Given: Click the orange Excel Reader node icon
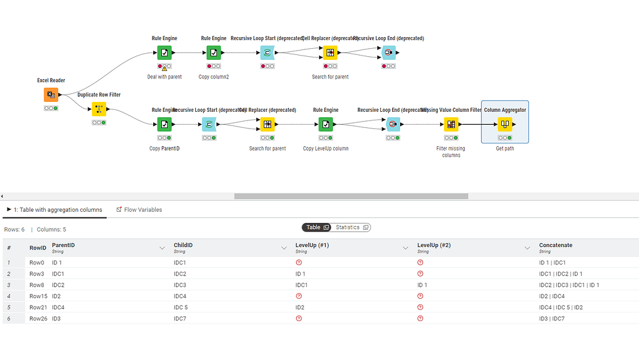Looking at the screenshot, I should click(51, 94).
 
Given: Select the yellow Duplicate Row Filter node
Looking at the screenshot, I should click(99, 109).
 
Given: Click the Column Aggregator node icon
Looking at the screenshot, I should click(504, 125).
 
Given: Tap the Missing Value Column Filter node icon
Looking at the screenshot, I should click(451, 125).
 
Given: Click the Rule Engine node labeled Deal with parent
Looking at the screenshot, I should click(164, 53).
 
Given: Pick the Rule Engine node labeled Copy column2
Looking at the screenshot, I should click(214, 53).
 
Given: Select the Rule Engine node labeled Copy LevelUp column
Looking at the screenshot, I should click(325, 125).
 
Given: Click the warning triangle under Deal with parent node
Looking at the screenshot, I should click(164, 69).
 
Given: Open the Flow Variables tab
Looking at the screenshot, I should click(143, 210).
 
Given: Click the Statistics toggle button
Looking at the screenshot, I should click(351, 227).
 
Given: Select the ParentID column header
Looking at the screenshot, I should click(64, 245).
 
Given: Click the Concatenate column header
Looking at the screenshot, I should click(556, 245).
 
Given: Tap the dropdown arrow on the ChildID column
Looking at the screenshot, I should click(284, 248).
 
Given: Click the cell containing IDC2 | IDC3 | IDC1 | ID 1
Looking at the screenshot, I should click(569, 285).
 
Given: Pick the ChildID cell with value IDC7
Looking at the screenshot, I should click(180, 319).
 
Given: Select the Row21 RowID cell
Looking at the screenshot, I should click(38, 308).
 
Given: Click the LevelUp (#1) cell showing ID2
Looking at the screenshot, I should click(300, 308).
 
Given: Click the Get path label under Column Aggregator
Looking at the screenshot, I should click(504, 149).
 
